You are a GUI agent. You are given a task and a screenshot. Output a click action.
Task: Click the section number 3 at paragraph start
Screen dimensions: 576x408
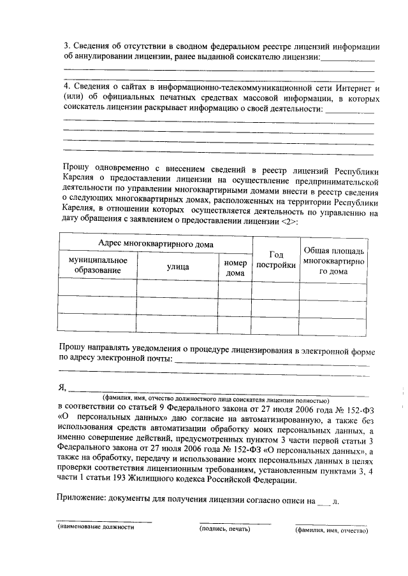pos(67,47)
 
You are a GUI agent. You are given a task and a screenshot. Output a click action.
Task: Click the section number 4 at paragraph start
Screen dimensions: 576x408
pos(67,87)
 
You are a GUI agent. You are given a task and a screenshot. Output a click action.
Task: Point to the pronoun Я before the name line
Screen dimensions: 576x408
pos(62,386)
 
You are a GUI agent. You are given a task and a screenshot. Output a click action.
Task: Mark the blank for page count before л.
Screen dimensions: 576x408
pos(324,502)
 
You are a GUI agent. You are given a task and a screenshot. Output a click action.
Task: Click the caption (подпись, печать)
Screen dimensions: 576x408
pos(224,528)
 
